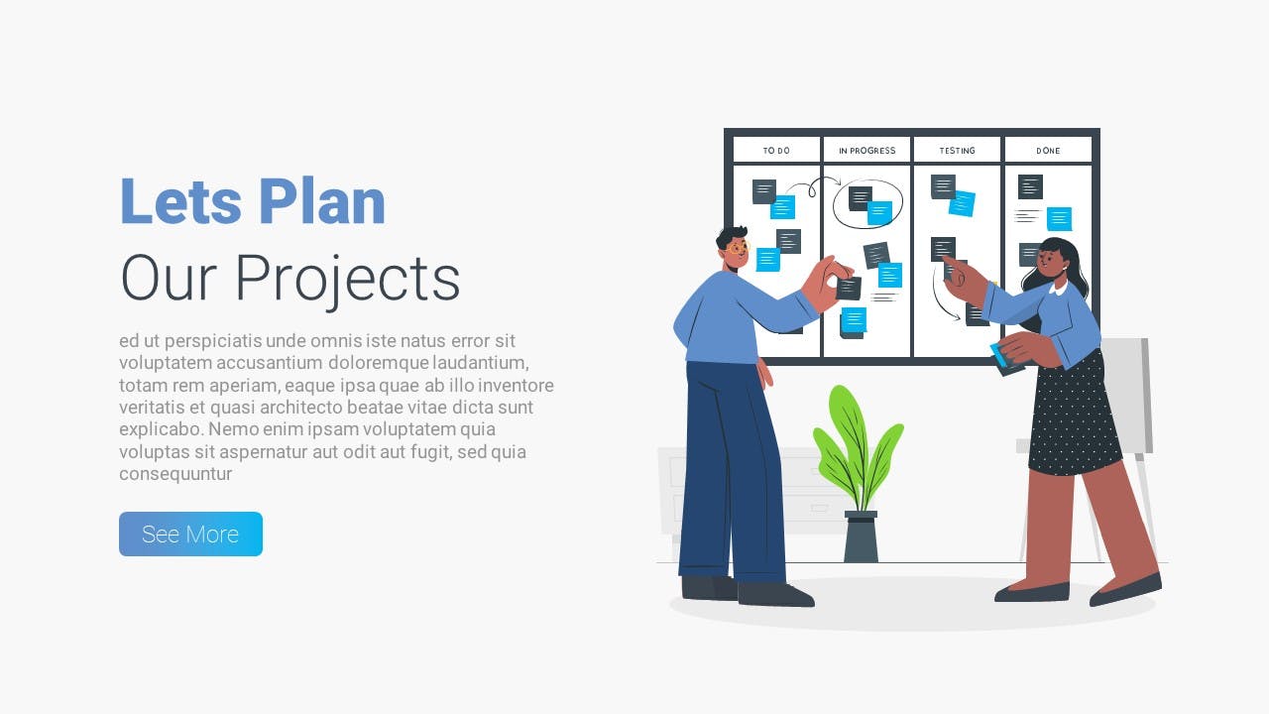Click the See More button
coord(190,534)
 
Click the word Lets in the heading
coord(181,201)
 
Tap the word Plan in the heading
coord(322,201)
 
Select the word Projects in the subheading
coord(347,279)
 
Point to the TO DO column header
coord(776,150)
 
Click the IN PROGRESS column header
coord(866,150)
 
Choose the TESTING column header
coord(958,150)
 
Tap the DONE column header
coord(1048,150)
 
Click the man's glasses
coord(738,248)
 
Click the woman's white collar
coord(1058,288)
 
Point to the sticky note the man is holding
coord(849,289)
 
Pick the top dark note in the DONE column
coord(1030,186)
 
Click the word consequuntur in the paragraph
coord(175,474)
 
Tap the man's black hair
coord(732,236)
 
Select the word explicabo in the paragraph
coord(162,429)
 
